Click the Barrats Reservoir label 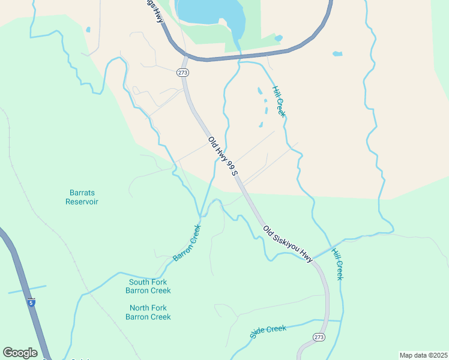click(82, 197)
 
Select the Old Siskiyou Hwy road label click(288, 244)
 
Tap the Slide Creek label click(268, 332)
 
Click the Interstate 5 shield click(31, 303)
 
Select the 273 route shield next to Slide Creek click(319, 338)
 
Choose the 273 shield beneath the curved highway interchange click(183, 73)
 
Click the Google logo click(20, 353)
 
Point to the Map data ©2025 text click(423, 355)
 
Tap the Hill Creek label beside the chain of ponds click(279, 101)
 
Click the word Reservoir click(82, 202)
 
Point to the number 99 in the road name click(231, 165)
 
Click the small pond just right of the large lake click(278, 39)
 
